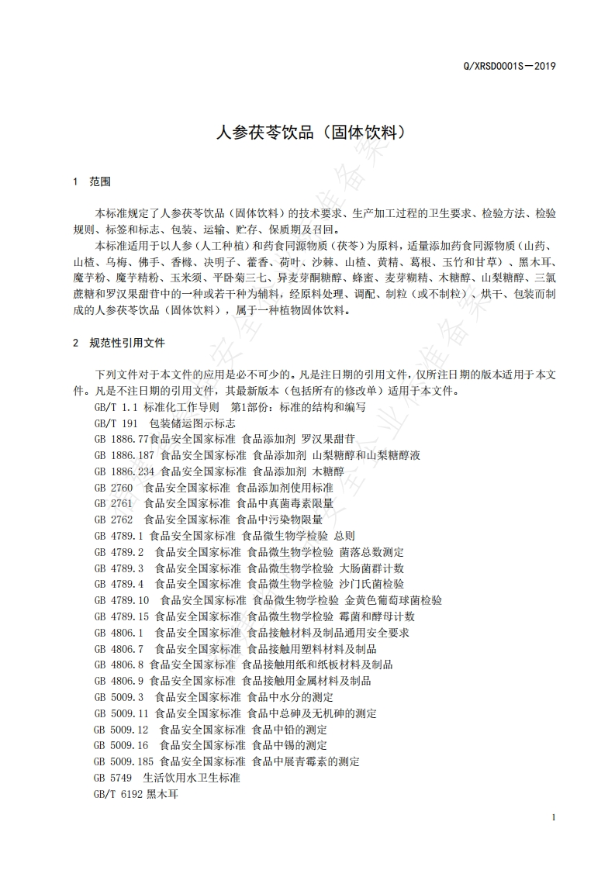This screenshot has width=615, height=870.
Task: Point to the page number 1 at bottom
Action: [x=554, y=818]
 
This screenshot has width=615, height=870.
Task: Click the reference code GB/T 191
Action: [x=115, y=423]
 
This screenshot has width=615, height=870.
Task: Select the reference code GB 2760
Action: [x=112, y=488]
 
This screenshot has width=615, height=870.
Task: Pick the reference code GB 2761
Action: [x=112, y=503]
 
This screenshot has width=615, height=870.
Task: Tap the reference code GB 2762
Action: [x=112, y=520]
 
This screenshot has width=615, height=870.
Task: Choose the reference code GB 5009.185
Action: [x=124, y=761]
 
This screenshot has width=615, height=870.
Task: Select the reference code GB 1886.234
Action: [x=124, y=471]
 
